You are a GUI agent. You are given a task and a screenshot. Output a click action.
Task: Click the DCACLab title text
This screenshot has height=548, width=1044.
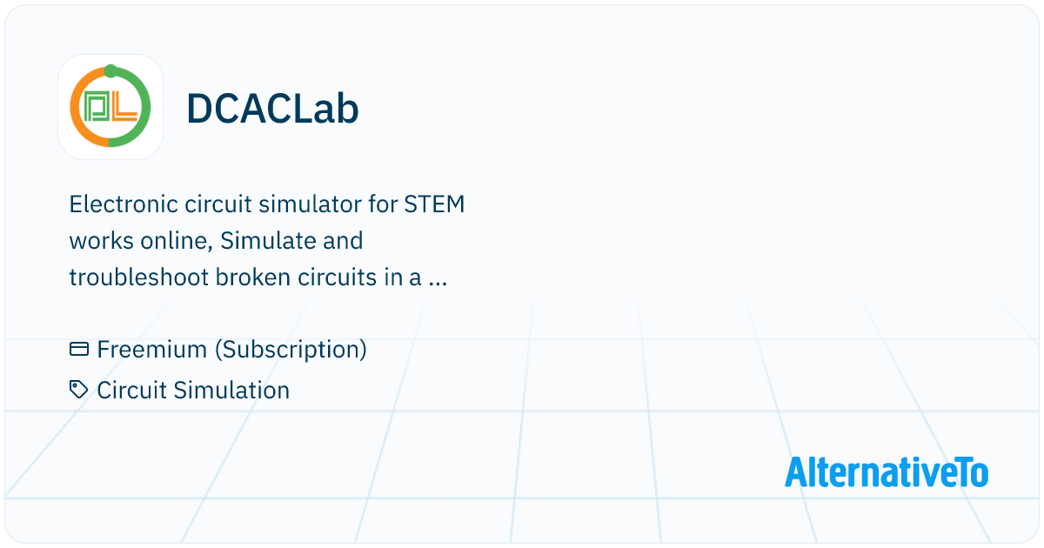[272, 109]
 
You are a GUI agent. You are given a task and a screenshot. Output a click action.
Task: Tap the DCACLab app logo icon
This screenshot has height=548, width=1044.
[110, 108]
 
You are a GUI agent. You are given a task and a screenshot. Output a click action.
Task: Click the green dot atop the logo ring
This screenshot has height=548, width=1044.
[110, 70]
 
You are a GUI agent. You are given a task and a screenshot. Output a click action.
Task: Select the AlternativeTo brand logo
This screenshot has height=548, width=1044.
[887, 471]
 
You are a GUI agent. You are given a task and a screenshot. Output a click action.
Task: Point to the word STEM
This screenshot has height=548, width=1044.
[435, 205]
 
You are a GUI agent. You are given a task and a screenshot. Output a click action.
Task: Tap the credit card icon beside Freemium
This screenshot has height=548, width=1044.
[79, 350]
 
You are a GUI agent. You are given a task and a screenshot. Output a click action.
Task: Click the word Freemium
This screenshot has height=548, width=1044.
[152, 350]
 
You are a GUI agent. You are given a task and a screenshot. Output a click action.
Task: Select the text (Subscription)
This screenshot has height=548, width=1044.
[291, 350]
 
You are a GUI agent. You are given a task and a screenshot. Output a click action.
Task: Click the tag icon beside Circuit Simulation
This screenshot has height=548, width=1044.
[79, 390]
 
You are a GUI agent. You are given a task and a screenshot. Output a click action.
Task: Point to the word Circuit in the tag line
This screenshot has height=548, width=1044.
[130, 391]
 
